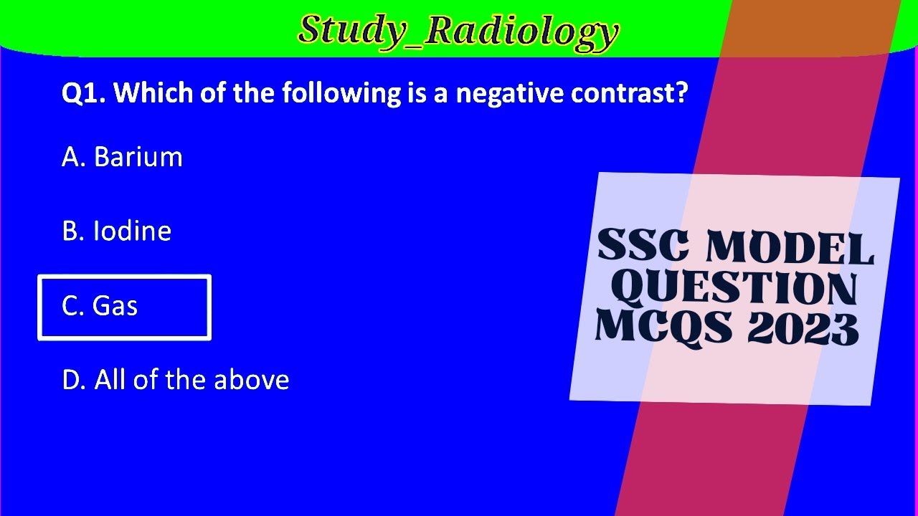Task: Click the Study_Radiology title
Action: click(458, 31)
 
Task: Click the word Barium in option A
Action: click(138, 157)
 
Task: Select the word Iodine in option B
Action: click(132, 231)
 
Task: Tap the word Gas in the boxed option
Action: click(115, 306)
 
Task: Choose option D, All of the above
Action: click(176, 380)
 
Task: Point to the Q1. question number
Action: click(83, 94)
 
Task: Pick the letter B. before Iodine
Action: click(73, 231)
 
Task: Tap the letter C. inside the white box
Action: click(73, 306)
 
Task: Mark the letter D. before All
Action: click(74, 380)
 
